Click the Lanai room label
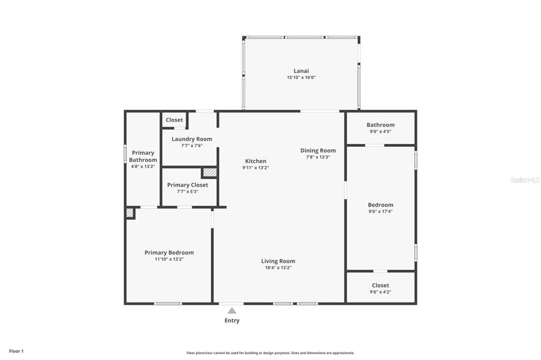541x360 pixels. click(x=301, y=71)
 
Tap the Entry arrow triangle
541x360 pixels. click(x=232, y=311)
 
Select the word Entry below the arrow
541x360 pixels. click(x=232, y=320)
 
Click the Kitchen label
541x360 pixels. click(x=256, y=161)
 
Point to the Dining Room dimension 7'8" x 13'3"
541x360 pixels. click(x=318, y=157)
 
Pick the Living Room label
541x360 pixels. click(x=278, y=261)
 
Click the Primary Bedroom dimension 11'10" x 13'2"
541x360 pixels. click(x=169, y=259)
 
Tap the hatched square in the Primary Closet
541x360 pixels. click(x=210, y=172)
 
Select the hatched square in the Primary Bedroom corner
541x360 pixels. click(x=130, y=213)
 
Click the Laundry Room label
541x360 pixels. click(x=192, y=139)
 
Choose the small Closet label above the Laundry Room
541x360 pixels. click(x=174, y=120)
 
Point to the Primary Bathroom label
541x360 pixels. click(x=143, y=156)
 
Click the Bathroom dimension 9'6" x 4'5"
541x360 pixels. click(x=380, y=131)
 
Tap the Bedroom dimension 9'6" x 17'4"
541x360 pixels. click(x=380, y=211)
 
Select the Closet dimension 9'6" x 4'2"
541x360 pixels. click(x=380, y=291)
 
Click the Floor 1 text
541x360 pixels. click(x=16, y=351)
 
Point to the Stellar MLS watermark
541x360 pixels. click(x=525, y=180)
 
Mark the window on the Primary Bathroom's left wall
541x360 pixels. click(x=125, y=154)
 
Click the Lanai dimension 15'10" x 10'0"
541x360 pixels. click(x=301, y=78)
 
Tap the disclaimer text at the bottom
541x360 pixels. click(x=270, y=353)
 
